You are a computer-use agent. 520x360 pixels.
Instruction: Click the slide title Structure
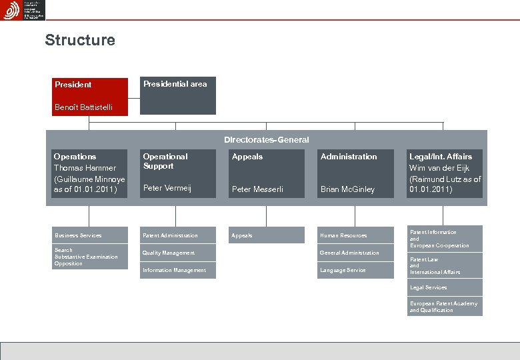(x=80, y=40)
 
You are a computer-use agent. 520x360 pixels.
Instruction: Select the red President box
(x=89, y=85)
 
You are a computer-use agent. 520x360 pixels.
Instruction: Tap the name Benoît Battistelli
(x=83, y=107)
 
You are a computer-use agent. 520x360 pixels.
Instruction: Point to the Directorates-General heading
(x=267, y=140)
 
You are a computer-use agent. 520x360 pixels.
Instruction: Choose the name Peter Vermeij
(x=167, y=189)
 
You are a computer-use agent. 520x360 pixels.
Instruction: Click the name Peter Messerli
(x=257, y=189)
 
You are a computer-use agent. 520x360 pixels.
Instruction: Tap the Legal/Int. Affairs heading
(x=440, y=157)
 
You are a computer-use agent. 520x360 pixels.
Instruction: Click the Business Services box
(x=89, y=235)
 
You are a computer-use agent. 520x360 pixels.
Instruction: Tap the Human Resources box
(x=355, y=235)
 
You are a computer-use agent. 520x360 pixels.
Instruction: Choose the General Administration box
(x=355, y=253)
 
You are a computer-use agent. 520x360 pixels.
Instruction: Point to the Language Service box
(x=355, y=270)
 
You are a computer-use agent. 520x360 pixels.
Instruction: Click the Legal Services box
(x=445, y=287)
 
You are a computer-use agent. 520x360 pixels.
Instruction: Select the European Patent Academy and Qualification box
(x=445, y=307)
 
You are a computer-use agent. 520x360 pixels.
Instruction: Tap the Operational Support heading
(x=165, y=161)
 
